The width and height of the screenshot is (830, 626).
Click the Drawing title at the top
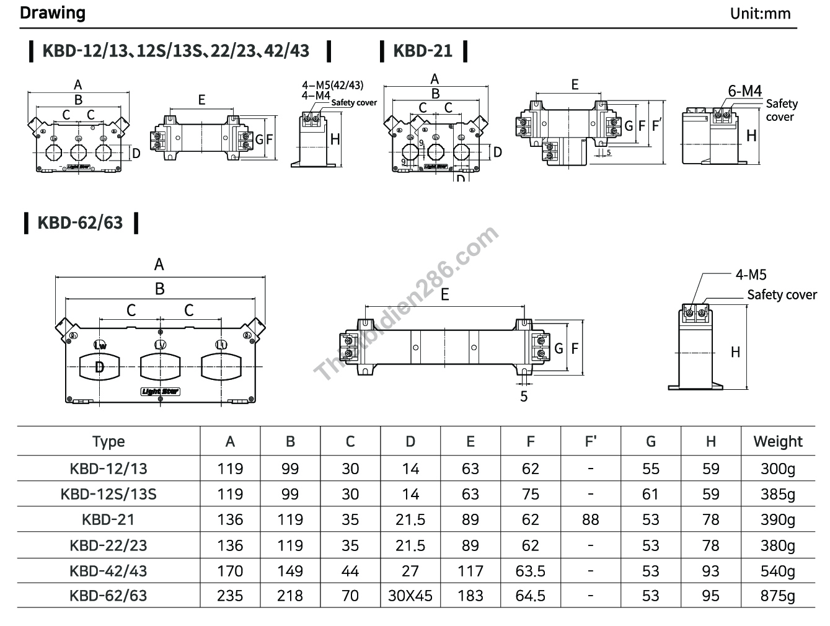click(x=53, y=13)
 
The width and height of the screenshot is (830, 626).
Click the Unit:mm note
click(x=760, y=14)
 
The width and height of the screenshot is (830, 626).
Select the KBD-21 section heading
click(x=423, y=51)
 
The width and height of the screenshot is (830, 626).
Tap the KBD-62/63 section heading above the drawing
click(x=80, y=223)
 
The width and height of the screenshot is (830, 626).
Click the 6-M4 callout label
click(x=744, y=91)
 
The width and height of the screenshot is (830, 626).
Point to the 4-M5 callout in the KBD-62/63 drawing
click(x=751, y=275)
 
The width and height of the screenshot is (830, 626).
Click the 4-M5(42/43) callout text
click(x=332, y=85)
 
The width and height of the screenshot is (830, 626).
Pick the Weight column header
click(x=777, y=442)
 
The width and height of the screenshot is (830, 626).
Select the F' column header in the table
click(x=590, y=442)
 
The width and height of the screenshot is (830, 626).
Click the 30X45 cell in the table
click(x=410, y=596)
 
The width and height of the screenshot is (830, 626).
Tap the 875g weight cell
click(x=777, y=596)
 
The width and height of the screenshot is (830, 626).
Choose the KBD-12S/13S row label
click(x=108, y=495)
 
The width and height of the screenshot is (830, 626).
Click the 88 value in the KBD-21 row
click(x=590, y=520)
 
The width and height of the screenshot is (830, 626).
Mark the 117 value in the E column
click(x=470, y=571)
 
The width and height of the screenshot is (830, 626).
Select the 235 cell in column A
click(x=230, y=596)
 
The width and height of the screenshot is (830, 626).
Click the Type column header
click(x=108, y=442)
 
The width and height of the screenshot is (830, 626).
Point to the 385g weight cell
click(x=777, y=495)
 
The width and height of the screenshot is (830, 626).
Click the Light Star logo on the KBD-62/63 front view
click(x=160, y=391)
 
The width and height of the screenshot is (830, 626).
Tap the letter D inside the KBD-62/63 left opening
click(x=99, y=367)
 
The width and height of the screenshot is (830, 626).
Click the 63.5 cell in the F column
click(x=530, y=571)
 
